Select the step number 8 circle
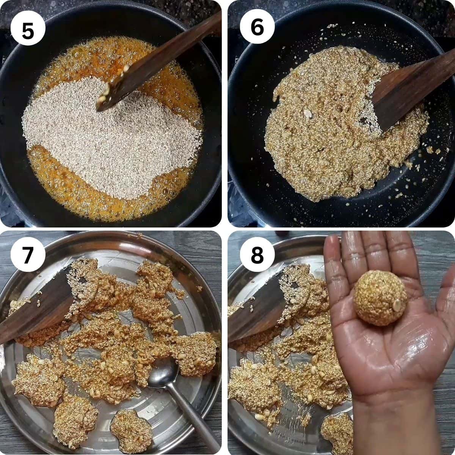pyautogui.click(x=257, y=256)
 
